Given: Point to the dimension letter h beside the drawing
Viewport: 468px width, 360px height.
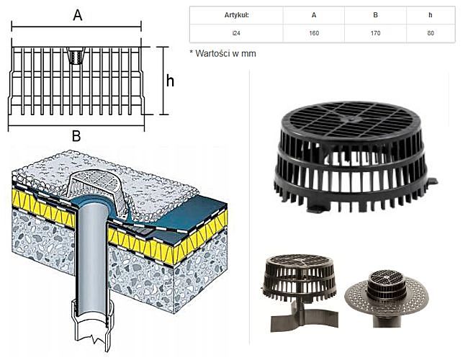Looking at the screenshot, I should point(170,81).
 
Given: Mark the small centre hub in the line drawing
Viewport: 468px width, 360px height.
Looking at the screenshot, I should point(76,57).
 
